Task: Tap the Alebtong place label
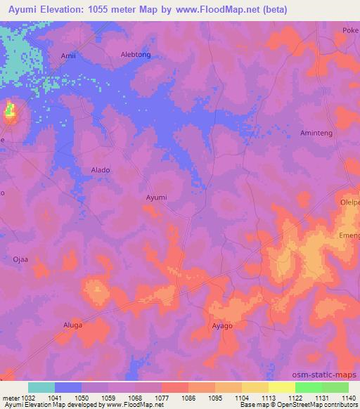coord(136,54)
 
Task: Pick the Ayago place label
coord(223,327)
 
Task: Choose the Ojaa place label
coord(20,259)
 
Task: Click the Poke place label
coord(349,31)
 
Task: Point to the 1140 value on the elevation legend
coord(348,398)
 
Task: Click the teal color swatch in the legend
coord(41,387)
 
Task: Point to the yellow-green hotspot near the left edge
coord(11,111)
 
